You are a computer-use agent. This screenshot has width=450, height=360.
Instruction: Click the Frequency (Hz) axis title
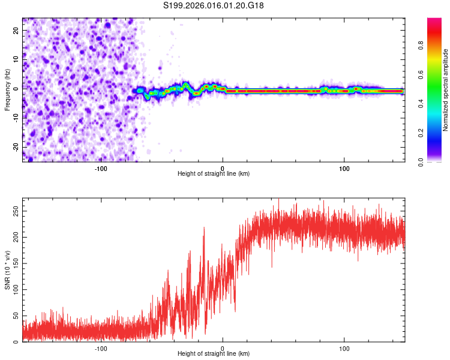click(x=7, y=89)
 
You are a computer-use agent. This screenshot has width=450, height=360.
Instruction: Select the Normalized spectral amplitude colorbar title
click(x=446, y=90)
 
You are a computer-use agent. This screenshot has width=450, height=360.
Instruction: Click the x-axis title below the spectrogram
click(x=214, y=174)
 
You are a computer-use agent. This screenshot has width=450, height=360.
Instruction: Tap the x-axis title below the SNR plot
click(x=214, y=354)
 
